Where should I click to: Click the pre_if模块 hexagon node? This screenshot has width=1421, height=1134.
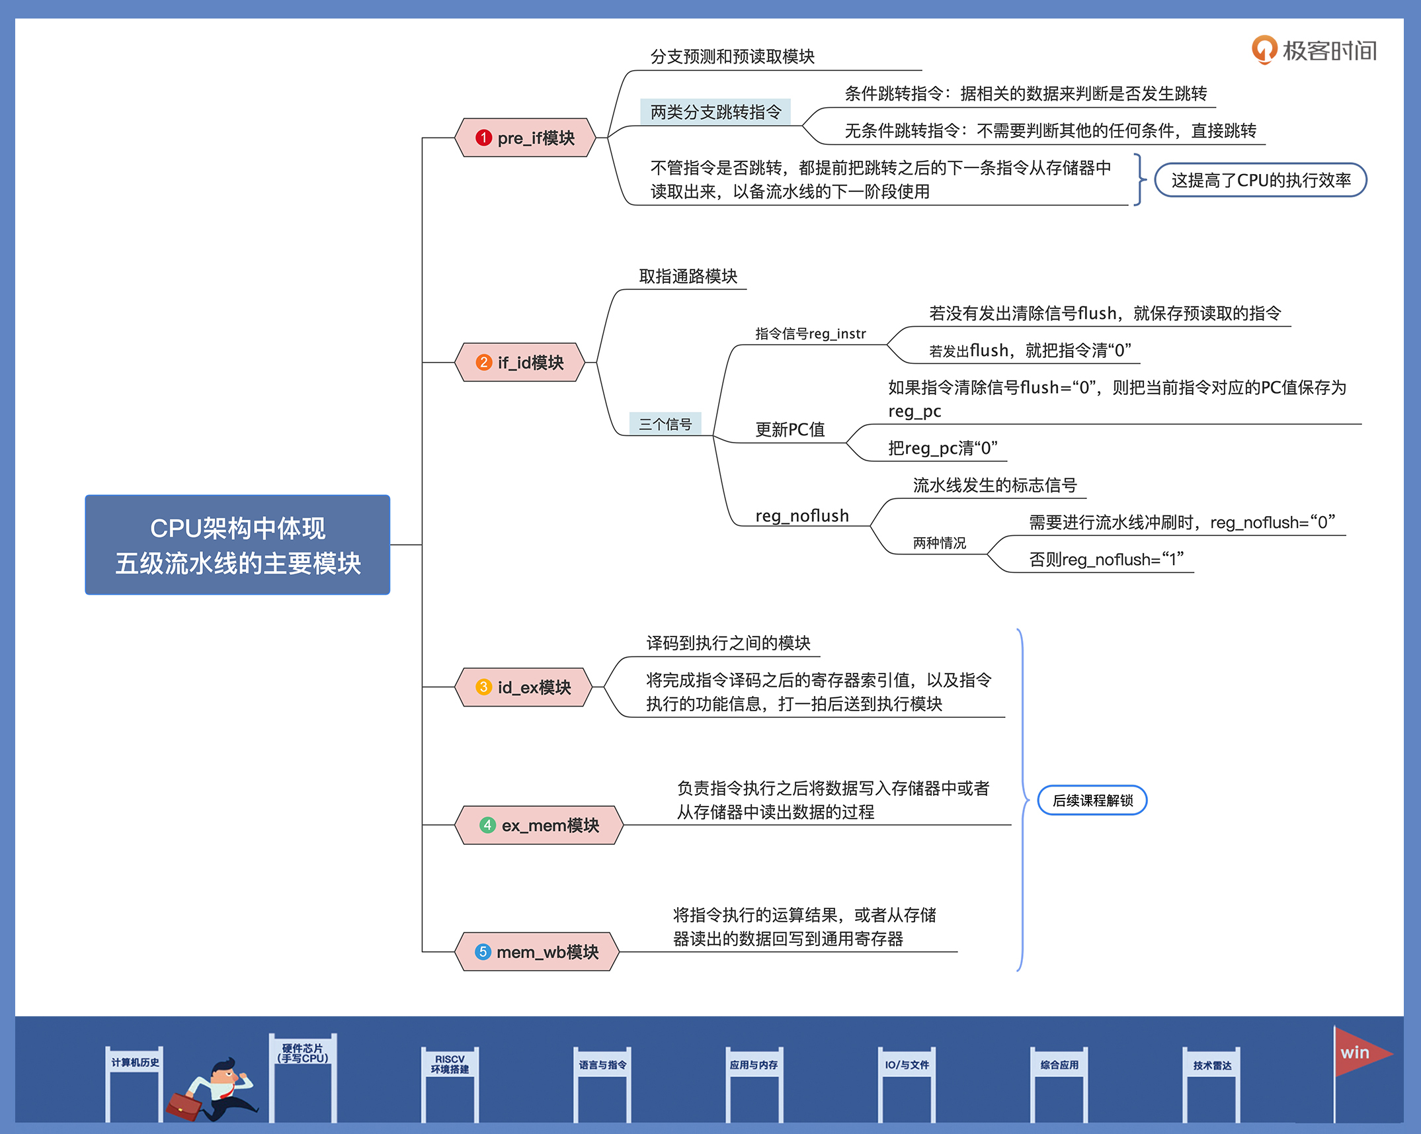click(526, 138)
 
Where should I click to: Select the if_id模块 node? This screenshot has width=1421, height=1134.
click(520, 362)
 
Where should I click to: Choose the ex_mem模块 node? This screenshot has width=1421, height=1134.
click(539, 825)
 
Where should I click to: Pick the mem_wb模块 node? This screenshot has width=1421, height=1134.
click(537, 951)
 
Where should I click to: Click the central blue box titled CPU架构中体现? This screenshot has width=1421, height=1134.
click(237, 545)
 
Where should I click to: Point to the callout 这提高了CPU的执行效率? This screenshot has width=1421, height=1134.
click(1260, 180)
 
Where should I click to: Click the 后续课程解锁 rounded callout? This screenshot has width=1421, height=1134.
click(1092, 801)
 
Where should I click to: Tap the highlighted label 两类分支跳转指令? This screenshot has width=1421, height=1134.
click(715, 112)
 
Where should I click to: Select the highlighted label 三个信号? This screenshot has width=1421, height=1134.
click(665, 424)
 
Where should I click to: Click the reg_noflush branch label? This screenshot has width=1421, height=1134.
click(802, 515)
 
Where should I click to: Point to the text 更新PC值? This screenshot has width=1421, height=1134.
click(790, 429)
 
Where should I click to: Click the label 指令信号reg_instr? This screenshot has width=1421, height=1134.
click(811, 333)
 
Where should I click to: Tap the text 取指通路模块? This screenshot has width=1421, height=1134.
click(688, 276)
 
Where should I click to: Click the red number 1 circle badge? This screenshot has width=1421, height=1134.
click(483, 138)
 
